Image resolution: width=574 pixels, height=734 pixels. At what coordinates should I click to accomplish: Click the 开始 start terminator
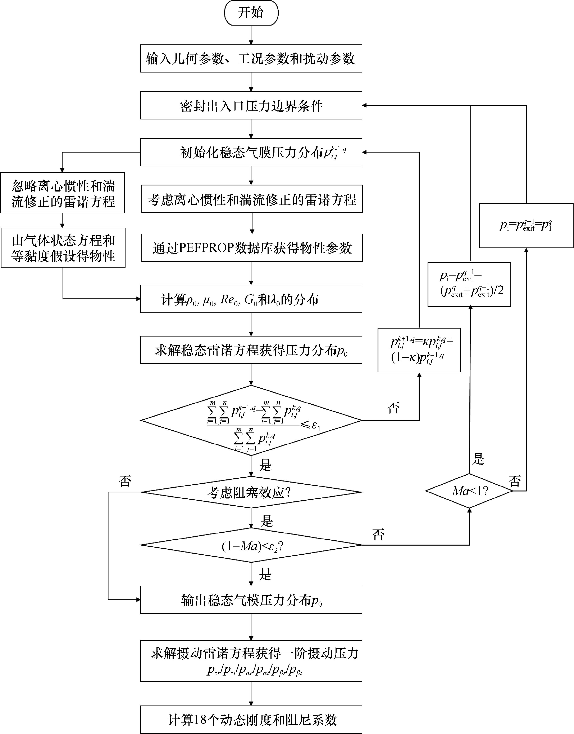(x=251, y=13)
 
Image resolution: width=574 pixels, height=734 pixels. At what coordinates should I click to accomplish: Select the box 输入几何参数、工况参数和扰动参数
(x=251, y=58)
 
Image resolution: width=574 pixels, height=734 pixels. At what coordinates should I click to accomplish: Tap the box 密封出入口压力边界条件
(x=251, y=106)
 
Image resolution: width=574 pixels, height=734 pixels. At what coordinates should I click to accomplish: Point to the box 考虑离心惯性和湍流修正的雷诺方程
(x=252, y=199)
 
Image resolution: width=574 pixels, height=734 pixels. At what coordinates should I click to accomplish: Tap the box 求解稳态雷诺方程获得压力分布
(x=251, y=350)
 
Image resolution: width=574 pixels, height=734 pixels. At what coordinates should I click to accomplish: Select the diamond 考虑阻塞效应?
(x=251, y=493)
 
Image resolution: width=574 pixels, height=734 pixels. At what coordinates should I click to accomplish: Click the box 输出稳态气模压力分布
(x=251, y=600)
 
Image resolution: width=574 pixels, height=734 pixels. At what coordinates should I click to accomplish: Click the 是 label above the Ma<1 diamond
(x=478, y=459)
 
